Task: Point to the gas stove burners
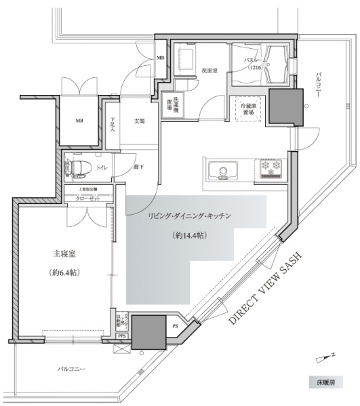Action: coord(271,167)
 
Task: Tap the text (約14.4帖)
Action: coord(191,237)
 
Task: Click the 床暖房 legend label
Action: coord(330,383)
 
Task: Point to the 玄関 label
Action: coord(140,122)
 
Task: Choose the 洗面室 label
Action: coord(207,70)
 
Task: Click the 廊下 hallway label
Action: coord(138,167)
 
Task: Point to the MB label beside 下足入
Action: coord(79,121)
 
